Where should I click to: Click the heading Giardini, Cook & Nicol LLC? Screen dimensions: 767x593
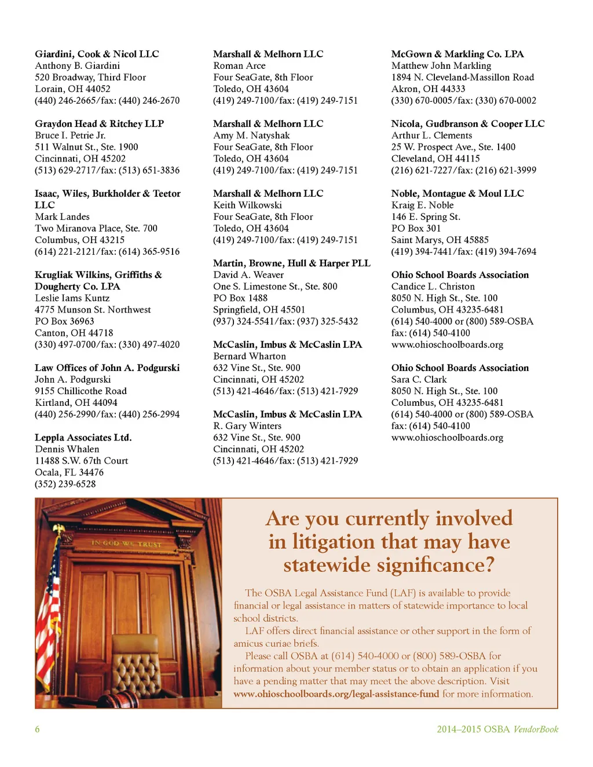[x=97, y=54]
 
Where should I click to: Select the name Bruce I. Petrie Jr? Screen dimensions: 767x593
[x=70, y=135]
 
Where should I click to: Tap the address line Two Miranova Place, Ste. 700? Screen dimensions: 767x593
[x=96, y=228]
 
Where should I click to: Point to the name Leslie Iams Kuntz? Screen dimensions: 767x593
[x=72, y=298]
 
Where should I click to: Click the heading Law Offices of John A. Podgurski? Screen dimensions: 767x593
[x=107, y=368]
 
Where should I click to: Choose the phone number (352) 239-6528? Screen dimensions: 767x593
[x=65, y=484]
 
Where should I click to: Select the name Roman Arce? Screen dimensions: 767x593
[x=239, y=65]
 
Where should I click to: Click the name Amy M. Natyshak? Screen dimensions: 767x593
[x=251, y=135]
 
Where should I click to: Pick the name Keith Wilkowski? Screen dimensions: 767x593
[x=247, y=205]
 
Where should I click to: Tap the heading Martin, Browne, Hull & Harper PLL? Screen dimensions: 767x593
[x=291, y=263]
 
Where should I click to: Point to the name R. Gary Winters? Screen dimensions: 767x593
[x=247, y=425]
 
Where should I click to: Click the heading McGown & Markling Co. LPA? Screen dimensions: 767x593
[x=457, y=54]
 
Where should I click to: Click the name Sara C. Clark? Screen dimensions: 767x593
[x=419, y=379]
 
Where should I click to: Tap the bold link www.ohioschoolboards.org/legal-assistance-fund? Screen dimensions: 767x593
[x=336, y=694]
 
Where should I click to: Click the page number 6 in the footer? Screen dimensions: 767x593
[x=37, y=729]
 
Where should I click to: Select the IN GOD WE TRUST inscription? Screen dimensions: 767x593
[x=126, y=544]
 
